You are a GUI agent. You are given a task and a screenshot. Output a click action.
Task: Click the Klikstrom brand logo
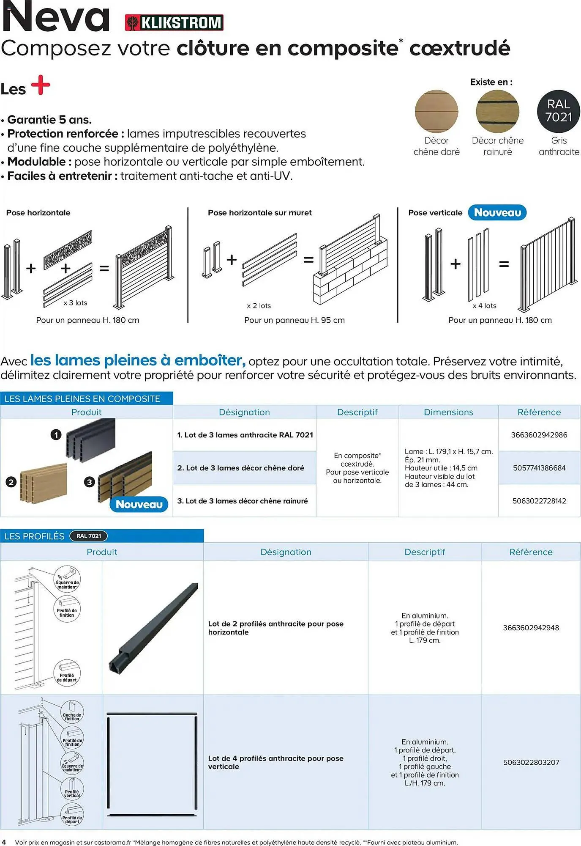click(x=174, y=22)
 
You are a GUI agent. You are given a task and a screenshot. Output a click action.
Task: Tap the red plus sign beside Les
click(x=41, y=85)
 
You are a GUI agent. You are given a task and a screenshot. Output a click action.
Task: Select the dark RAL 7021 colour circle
click(x=558, y=111)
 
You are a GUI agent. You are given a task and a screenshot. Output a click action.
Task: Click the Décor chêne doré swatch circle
click(x=436, y=111)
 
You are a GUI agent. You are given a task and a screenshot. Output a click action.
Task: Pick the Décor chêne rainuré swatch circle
click(x=497, y=111)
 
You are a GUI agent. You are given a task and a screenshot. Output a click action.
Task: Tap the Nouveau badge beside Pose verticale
click(x=497, y=212)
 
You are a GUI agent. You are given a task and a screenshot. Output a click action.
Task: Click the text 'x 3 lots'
click(x=75, y=303)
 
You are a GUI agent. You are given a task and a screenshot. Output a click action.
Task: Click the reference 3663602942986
click(x=539, y=435)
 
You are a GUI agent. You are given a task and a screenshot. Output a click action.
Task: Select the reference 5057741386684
click(x=539, y=468)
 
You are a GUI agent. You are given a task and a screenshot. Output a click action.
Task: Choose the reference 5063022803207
click(x=531, y=762)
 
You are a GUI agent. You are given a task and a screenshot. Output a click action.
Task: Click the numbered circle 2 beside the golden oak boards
click(x=11, y=482)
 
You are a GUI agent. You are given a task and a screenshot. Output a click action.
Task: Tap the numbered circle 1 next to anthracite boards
click(x=56, y=434)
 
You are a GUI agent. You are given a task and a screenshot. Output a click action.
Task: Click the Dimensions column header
click(x=448, y=412)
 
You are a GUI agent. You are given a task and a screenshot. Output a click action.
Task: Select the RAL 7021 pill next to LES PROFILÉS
click(x=89, y=536)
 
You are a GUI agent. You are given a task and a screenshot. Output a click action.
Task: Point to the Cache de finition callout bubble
click(x=72, y=712)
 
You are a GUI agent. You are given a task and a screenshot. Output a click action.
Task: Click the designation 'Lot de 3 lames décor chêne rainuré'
click(x=243, y=501)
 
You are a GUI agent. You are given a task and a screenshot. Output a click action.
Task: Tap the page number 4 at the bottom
click(x=4, y=842)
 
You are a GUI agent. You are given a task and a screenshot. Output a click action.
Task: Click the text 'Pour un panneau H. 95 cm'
click(x=294, y=320)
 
